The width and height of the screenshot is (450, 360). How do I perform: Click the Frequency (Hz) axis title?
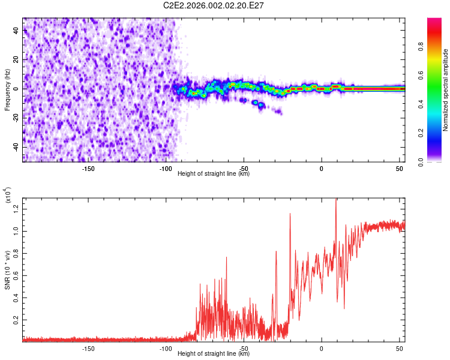click(8, 90)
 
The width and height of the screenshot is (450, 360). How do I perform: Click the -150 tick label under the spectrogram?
click(88, 168)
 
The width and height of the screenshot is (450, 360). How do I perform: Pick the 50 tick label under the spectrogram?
click(400, 168)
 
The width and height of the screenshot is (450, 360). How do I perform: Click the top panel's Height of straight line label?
click(214, 174)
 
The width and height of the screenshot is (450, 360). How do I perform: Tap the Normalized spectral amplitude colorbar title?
click(446, 90)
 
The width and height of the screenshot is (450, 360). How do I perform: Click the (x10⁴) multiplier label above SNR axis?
click(8, 195)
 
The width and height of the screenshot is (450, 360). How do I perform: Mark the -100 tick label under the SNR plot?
click(166, 349)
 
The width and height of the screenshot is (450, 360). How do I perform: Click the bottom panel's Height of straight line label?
click(214, 354)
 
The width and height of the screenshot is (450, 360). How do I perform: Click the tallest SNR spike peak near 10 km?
click(336, 200)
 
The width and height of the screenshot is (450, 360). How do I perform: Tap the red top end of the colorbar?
click(434, 21)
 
